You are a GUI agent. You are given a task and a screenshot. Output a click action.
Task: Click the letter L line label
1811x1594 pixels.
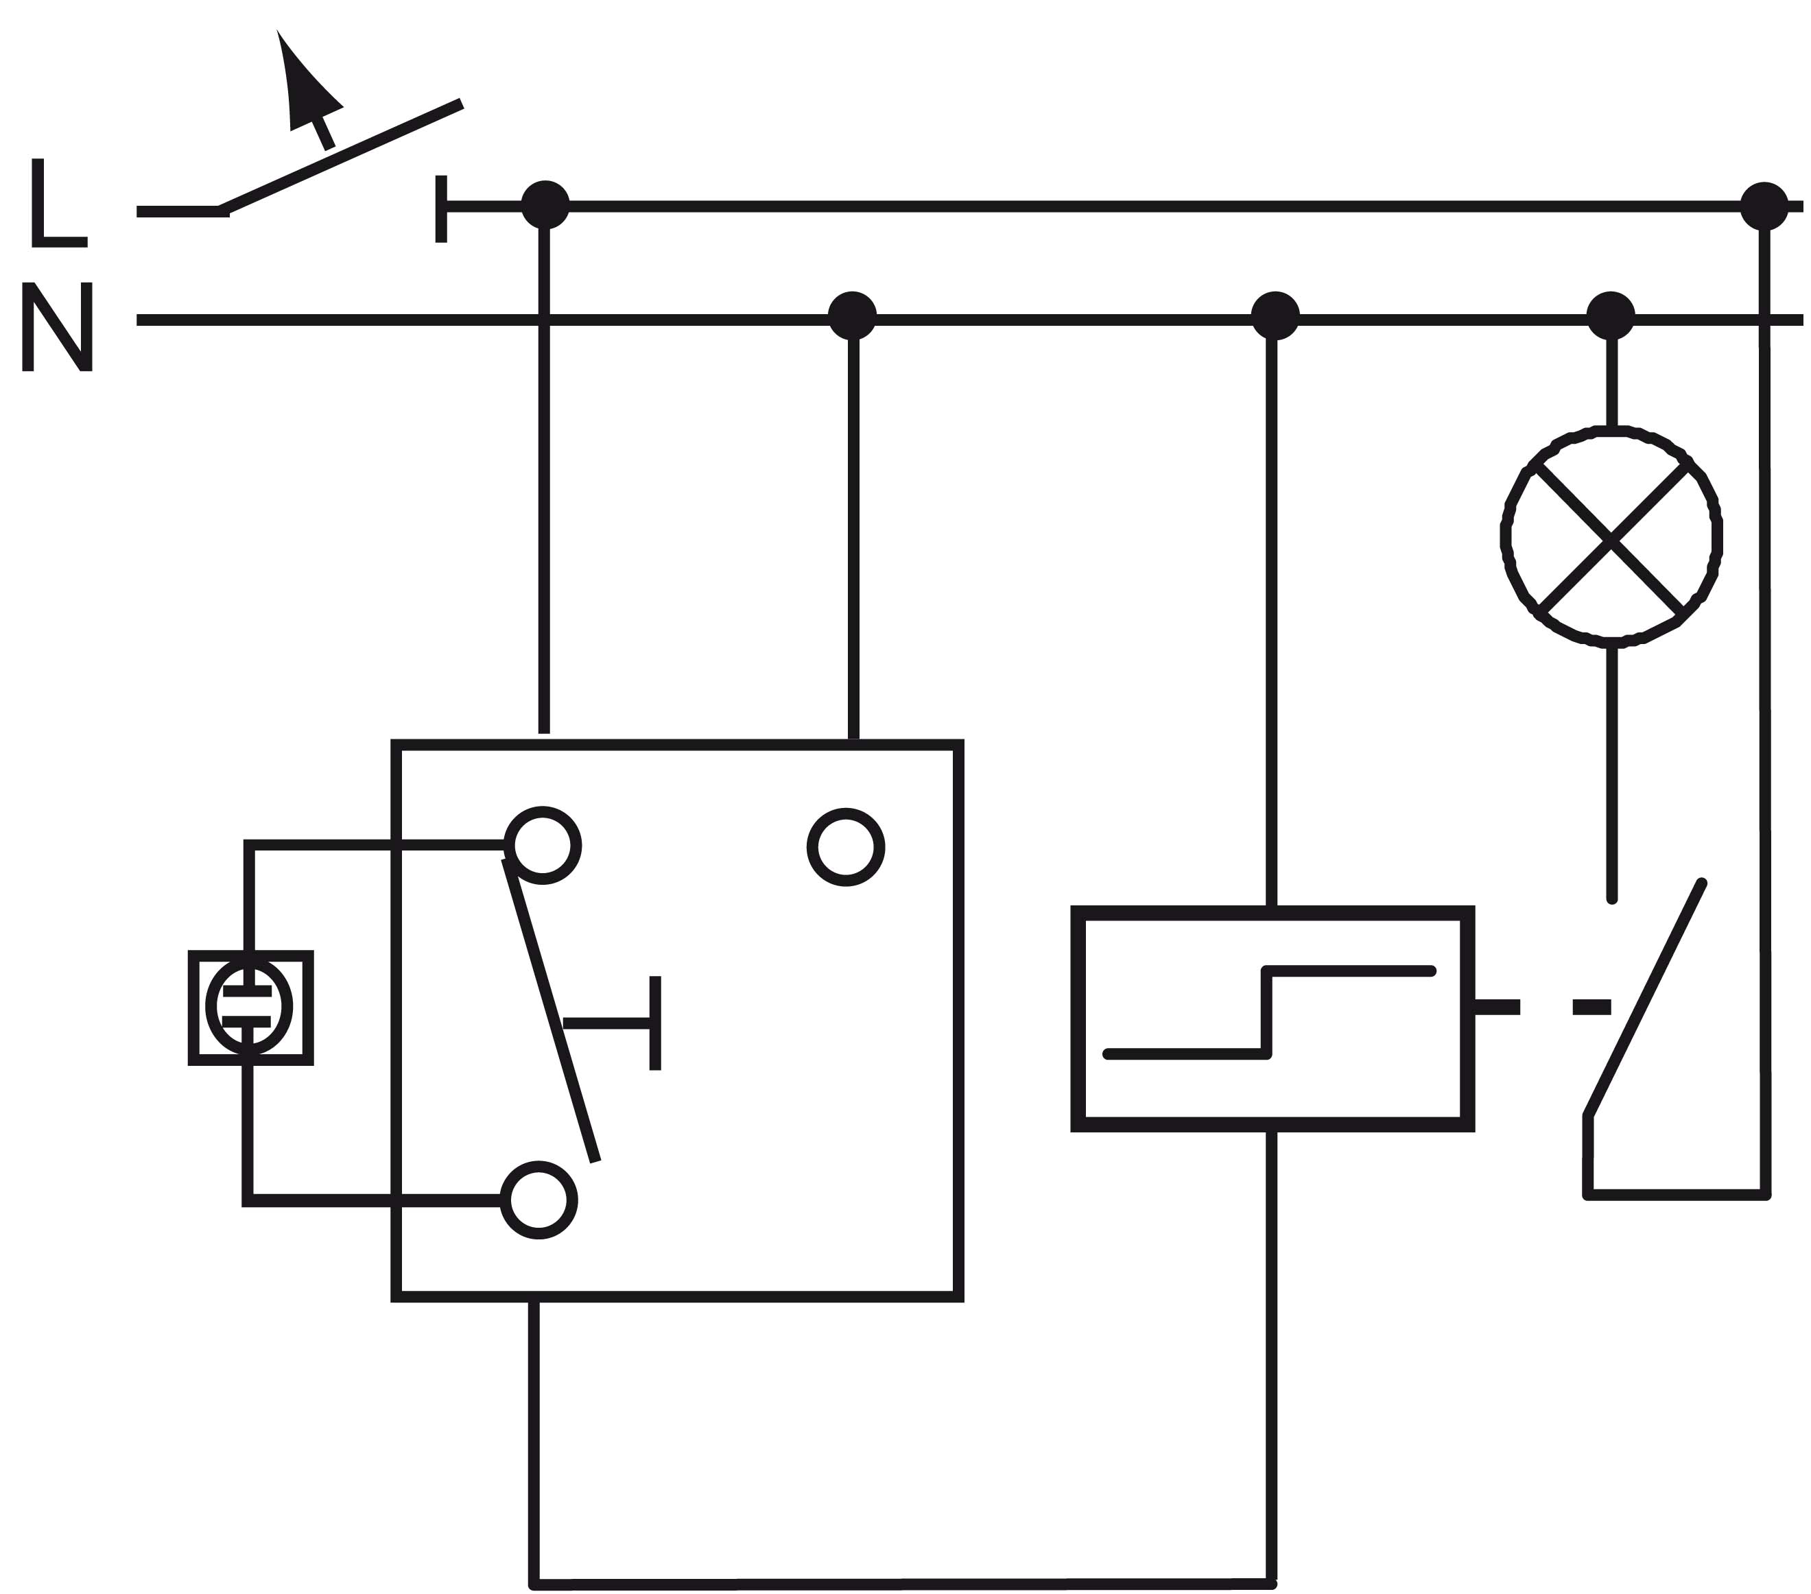[58, 202]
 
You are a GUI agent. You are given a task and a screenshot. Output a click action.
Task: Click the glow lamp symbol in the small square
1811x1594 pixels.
[250, 1008]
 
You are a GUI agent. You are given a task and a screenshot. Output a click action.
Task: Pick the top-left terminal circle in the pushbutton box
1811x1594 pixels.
[542, 845]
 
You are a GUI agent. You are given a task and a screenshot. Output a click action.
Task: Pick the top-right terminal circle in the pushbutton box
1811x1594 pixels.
[846, 847]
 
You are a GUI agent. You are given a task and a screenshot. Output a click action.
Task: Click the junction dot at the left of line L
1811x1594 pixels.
[545, 204]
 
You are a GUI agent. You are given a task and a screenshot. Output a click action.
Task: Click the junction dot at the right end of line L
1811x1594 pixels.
[1764, 206]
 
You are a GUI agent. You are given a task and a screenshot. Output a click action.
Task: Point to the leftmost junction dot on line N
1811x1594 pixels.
[851, 316]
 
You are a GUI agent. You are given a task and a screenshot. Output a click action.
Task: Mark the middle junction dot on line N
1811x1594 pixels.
[1275, 316]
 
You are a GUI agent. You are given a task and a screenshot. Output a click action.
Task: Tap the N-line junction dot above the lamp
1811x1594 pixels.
[1611, 316]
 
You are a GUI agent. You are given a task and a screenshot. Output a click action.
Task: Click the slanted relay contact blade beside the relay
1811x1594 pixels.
[1644, 999]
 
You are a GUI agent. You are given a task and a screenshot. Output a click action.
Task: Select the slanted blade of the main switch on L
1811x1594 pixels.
[340, 157]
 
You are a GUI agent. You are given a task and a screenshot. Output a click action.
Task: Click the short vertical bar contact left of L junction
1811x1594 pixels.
[441, 209]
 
